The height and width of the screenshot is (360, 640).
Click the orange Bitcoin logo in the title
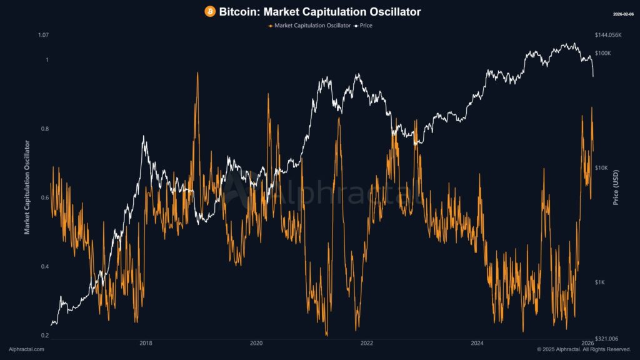(x=210, y=12)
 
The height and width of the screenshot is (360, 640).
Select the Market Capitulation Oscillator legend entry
(x=309, y=26)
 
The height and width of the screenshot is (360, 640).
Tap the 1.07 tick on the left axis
(x=43, y=35)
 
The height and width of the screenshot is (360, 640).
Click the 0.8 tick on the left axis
(x=44, y=129)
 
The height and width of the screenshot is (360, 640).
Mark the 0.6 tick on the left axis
(x=44, y=197)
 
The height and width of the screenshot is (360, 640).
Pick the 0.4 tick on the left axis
(x=44, y=267)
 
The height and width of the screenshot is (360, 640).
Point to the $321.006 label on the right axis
(x=606, y=337)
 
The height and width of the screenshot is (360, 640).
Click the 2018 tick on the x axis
(x=146, y=343)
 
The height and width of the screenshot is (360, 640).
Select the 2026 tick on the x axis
(x=587, y=343)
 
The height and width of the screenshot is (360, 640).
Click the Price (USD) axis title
(x=616, y=187)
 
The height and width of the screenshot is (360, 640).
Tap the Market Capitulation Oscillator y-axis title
(x=27, y=187)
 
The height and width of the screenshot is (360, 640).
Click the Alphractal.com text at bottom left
(x=26, y=349)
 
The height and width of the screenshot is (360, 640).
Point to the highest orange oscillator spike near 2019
(x=197, y=73)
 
